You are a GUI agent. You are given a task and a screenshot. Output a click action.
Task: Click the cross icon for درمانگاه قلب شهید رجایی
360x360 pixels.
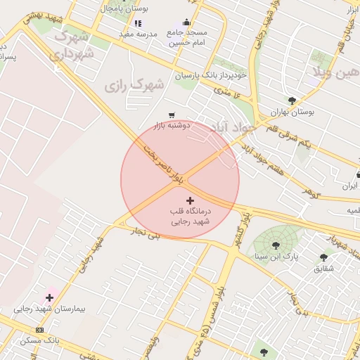click(190, 201)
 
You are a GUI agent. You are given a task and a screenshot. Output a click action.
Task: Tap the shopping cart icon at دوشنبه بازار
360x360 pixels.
click(172, 115)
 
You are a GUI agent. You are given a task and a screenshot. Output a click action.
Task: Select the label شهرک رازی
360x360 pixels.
click(133, 86)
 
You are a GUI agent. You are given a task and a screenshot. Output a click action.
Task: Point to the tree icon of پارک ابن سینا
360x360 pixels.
click(275, 245)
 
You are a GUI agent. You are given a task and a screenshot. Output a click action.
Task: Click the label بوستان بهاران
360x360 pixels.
click(292, 112)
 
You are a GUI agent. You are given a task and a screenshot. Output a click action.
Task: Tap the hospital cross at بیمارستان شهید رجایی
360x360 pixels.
click(49, 298)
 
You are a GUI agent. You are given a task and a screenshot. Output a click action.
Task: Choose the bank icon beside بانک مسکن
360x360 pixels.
click(39, 330)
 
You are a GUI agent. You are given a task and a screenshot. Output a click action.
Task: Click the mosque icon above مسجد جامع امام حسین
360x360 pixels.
click(186, 22)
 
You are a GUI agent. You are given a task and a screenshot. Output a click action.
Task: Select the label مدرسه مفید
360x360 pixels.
click(138, 34)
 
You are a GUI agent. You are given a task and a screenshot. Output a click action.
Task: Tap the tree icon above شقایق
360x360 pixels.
click(323, 257)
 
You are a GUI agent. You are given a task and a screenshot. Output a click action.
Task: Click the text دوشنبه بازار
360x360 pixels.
click(172, 125)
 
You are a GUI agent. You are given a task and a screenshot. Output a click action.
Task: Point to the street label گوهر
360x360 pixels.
click(311, 191)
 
